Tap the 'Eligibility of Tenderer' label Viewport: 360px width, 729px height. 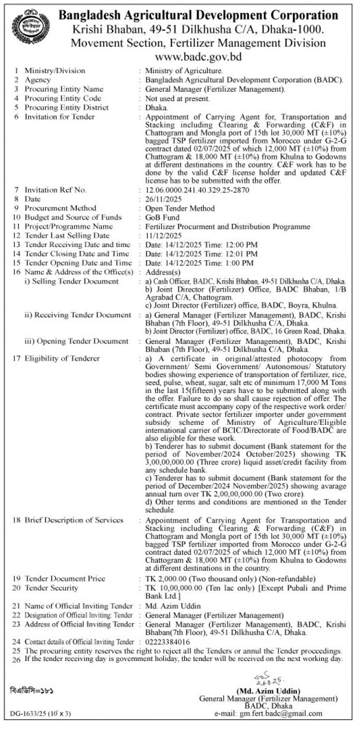tap(62, 358)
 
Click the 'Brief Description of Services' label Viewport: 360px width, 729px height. tap(74, 520)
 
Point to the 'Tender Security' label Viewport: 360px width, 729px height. tap(52, 588)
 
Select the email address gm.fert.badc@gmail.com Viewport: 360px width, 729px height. tap(281, 714)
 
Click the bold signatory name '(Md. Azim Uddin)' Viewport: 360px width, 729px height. tap(269, 690)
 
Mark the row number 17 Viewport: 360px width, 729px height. tap(17, 358)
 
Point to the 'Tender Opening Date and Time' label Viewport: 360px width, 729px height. tap(77, 263)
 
